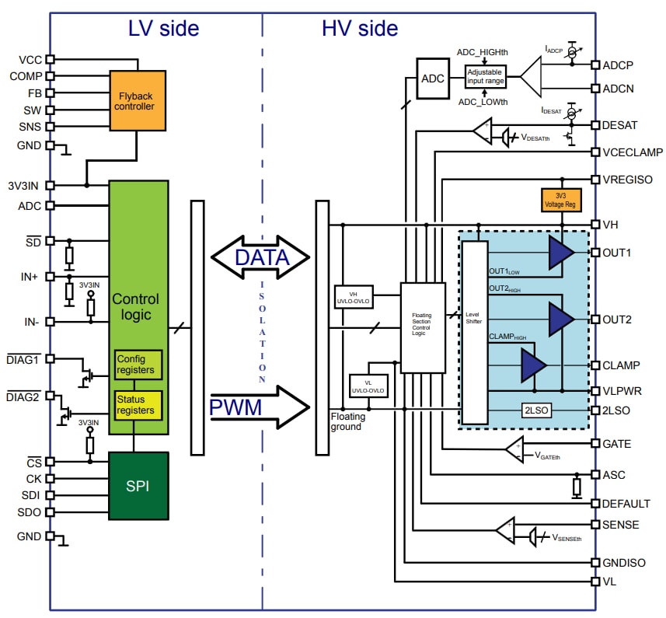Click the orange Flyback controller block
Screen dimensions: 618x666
138,100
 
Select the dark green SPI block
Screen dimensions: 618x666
138,486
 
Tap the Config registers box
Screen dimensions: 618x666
138,365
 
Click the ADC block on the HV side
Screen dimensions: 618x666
433,78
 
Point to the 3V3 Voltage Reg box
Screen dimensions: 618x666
559,200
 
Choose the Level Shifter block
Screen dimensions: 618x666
474,333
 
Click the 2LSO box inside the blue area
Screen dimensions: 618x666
535,410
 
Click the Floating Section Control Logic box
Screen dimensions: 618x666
422,327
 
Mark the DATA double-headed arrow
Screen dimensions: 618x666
260,257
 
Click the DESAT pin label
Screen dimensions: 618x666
620,124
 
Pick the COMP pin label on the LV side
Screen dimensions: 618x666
26,76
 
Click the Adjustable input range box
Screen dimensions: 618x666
485,76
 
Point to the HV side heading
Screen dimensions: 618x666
359,29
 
